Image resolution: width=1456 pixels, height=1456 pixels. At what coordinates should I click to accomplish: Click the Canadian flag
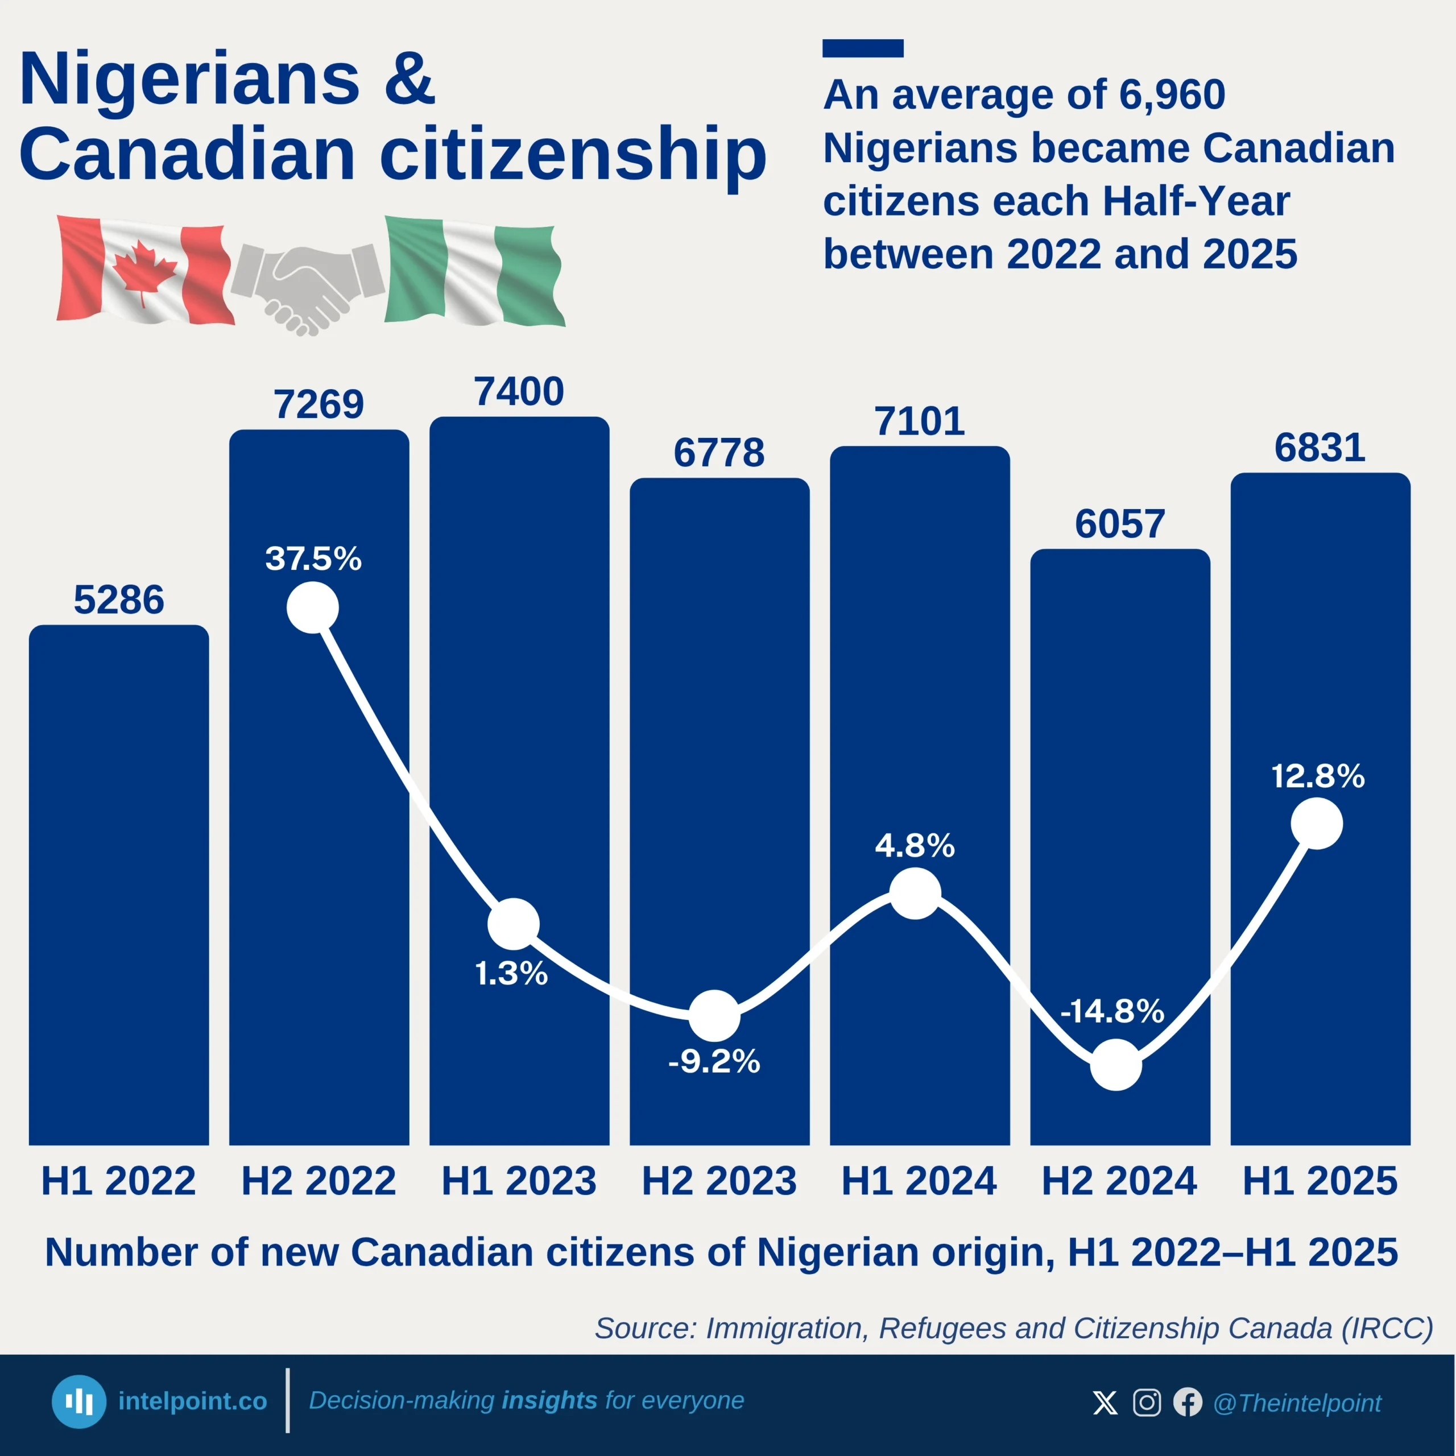(144, 270)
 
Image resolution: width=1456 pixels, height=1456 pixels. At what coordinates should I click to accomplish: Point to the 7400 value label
(519, 392)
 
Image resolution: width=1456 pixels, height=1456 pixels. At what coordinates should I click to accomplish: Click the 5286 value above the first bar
(118, 600)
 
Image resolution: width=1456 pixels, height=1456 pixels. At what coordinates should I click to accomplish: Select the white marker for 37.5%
(313, 607)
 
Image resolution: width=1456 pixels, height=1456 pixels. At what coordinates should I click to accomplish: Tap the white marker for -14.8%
(1116, 1065)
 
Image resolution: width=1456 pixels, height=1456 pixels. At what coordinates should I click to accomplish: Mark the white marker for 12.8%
(1317, 824)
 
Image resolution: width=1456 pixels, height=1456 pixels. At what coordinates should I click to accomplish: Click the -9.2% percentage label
(714, 1061)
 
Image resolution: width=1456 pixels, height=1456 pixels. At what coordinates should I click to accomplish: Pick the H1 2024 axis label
(919, 1180)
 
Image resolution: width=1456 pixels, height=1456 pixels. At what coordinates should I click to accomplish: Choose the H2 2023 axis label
(719, 1180)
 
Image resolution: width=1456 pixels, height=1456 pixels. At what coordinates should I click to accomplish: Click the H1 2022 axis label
(118, 1180)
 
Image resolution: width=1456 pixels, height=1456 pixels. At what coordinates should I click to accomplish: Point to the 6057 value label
(1120, 524)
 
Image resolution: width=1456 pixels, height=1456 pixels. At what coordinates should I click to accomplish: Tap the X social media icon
(1105, 1403)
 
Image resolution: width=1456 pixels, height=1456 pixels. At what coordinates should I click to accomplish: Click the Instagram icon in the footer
(1146, 1403)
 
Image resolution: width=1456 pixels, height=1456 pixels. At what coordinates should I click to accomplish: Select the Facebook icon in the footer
(1188, 1403)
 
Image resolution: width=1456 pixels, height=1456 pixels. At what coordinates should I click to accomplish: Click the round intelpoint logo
(78, 1402)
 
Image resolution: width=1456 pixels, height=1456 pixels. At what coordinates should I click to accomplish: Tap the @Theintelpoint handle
(1297, 1403)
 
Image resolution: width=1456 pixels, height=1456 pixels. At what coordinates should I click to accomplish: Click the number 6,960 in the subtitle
(1172, 95)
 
